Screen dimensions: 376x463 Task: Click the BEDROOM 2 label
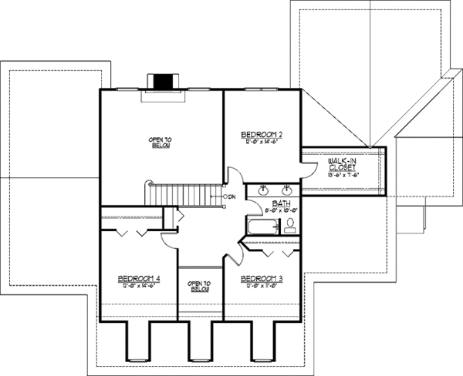261,133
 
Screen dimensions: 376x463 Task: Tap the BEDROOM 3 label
261,277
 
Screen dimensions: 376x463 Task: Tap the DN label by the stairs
231,197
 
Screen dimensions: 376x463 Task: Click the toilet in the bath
289,225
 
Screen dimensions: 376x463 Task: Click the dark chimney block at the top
163,81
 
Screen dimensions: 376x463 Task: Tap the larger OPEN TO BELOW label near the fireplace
161,143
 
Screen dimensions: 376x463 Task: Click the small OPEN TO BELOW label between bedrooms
199,287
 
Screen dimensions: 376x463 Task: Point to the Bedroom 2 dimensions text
261,142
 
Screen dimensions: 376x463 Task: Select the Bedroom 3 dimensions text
261,285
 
